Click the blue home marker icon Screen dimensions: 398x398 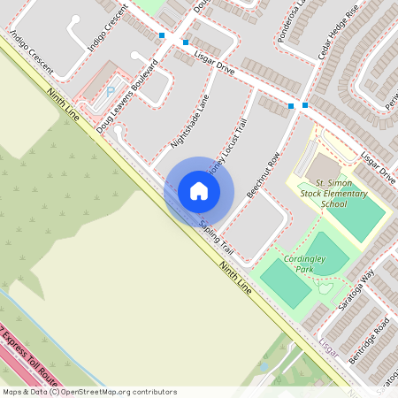point(199,191)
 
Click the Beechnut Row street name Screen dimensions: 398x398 point(263,173)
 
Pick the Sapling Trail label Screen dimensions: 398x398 point(217,235)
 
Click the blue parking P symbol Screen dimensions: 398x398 point(110,89)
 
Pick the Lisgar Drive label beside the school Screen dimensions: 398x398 point(379,168)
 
